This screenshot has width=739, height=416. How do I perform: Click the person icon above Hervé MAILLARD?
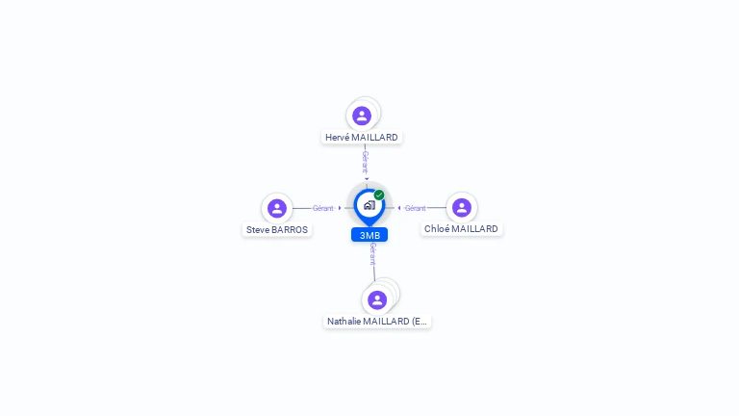(362, 116)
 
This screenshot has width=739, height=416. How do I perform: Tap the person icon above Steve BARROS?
(277, 208)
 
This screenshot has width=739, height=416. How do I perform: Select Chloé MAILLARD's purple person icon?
(462, 208)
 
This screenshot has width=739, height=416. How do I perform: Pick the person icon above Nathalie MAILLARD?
(377, 299)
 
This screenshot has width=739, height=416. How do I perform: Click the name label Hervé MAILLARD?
(362, 138)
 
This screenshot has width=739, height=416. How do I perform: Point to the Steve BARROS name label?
(277, 230)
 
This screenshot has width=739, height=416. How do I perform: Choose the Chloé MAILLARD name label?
(462, 229)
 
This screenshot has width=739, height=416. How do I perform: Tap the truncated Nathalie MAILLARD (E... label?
(377, 322)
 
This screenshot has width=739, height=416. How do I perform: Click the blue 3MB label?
(369, 235)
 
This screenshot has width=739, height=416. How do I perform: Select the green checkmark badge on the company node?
(379, 195)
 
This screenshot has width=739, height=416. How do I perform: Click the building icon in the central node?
(369, 205)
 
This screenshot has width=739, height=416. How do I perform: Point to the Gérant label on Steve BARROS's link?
(322, 208)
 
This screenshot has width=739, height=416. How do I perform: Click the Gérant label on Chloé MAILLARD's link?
(416, 208)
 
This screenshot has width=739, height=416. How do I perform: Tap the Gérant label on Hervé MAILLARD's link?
(365, 161)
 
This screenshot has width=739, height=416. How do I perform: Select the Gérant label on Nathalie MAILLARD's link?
(372, 254)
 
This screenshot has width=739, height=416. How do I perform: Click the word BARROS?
(291, 230)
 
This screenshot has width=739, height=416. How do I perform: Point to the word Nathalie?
(344, 322)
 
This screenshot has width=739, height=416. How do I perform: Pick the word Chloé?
(439, 229)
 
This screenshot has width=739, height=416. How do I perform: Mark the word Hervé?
(338, 138)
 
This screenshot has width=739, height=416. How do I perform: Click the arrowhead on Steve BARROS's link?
(340, 208)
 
